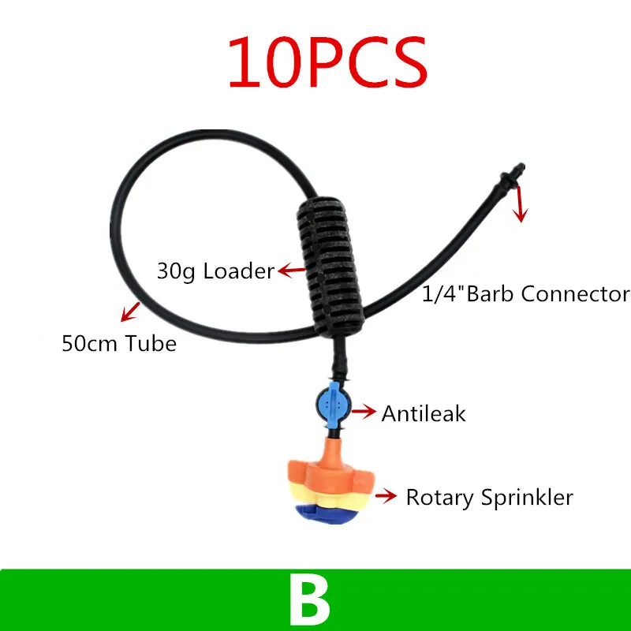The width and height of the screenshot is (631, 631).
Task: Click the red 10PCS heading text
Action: point(327,62)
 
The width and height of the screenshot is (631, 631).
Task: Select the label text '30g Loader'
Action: point(215,271)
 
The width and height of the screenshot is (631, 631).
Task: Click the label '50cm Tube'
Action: point(118,344)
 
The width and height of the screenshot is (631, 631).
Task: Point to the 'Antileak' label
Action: point(424,413)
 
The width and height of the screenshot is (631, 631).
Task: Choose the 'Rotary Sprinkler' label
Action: point(488,498)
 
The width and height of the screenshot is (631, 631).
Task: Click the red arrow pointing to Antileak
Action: point(364,411)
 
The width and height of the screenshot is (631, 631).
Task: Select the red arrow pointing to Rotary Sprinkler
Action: point(386,496)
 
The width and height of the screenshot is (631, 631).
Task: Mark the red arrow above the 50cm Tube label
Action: point(130,312)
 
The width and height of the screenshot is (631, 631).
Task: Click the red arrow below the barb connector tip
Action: point(518,207)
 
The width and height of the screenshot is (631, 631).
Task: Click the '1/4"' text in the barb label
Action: point(440,294)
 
